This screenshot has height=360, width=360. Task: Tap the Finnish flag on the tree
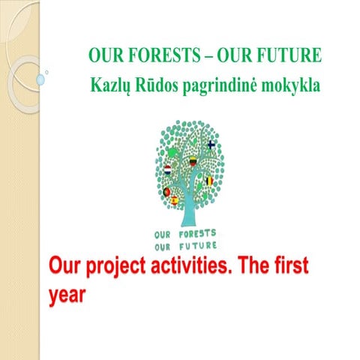coord(211,144)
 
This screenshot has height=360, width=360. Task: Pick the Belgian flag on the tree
coord(210,181)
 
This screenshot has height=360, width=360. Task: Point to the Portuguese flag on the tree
coord(166,192)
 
